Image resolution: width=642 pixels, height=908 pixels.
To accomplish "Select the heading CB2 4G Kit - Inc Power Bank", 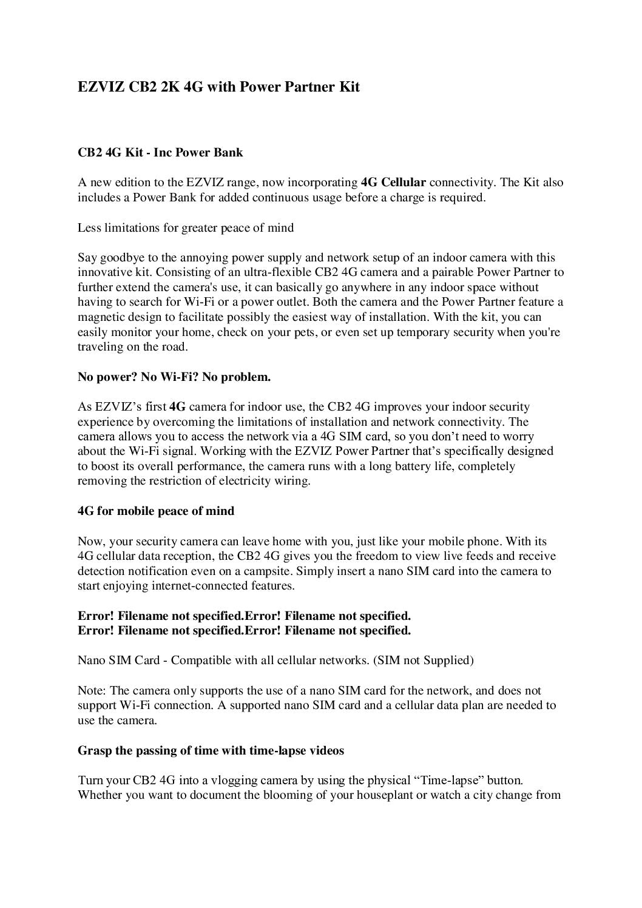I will [x=160, y=152].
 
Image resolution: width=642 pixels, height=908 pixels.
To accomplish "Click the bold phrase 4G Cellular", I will [x=393, y=182].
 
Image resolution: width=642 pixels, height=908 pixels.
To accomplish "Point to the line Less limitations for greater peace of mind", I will [x=186, y=227].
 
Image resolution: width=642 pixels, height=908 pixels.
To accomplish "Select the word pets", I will [x=294, y=332].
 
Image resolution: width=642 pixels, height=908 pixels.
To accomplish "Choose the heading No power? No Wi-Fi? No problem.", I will [x=174, y=377].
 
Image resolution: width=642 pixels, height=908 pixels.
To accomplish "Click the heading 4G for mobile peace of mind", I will [x=156, y=511].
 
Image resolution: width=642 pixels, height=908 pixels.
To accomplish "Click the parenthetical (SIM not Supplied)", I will [x=423, y=660].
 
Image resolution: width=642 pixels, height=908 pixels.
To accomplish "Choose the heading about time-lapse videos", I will [x=211, y=750].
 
